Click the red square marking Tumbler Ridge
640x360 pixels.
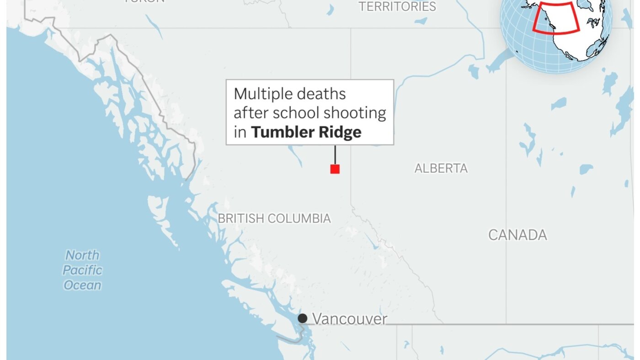point(335,169)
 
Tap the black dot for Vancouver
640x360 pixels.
point(303,318)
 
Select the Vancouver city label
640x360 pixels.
point(349,319)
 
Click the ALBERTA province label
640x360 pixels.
point(441,168)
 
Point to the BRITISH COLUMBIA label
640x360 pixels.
point(274,218)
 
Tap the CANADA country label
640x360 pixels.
point(517,235)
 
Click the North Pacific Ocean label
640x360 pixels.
point(82,270)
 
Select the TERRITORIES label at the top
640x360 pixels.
point(397,6)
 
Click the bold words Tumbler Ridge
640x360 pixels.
point(306,132)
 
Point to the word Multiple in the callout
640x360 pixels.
point(262,94)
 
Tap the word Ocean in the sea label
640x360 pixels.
point(82,285)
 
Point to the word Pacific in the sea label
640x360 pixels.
point(82,270)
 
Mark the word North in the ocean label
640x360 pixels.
point(82,255)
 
